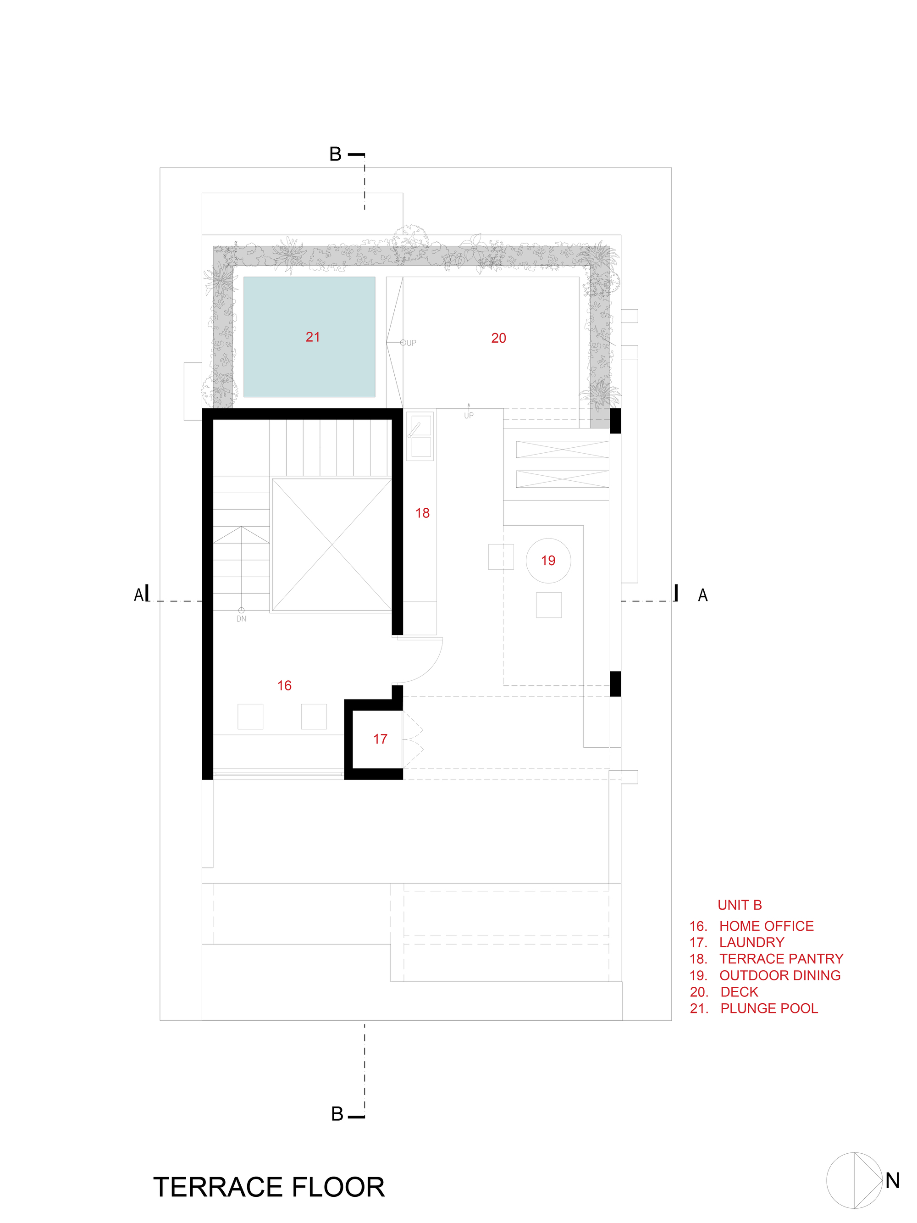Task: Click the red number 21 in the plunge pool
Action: click(313, 337)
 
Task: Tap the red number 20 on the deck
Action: click(498, 338)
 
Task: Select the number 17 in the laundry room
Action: click(380, 739)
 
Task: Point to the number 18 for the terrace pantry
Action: click(422, 513)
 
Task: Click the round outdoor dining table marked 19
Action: click(548, 561)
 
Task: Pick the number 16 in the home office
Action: click(284, 686)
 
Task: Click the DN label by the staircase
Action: click(242, 619)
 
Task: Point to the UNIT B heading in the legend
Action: click(740, 905)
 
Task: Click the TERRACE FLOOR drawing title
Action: click(269, 1187)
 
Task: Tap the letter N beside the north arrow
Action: click(892, 1180)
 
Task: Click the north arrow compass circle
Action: click(854, 1180)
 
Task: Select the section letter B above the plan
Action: click(336, 154)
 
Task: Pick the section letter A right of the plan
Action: click(702, 595)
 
